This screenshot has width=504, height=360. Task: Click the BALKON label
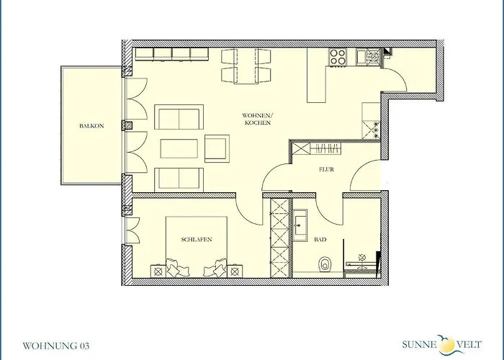tap(91, 126)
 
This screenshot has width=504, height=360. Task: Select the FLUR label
tap(326, 169)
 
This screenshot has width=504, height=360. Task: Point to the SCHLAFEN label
tap(197, 240)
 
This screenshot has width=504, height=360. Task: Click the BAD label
tap(320, 240)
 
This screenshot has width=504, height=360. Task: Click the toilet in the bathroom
tap(325, 264)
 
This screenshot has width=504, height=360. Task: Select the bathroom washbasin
tap(300, 225)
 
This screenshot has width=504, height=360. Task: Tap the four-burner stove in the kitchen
tap(338, 57)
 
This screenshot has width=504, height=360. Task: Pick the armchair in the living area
tap(217, 148)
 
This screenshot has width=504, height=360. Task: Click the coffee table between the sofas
tap(179, 148)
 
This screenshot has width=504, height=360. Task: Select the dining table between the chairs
tap(246, 66)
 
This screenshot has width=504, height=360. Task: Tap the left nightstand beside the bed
tap(158, 271)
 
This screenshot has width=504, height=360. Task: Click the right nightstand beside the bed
tap(235, 271)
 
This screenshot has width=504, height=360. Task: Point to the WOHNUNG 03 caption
tap(56, 346)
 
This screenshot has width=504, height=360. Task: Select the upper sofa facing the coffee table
tap(179, 117)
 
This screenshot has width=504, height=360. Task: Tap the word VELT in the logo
tap(469, 345)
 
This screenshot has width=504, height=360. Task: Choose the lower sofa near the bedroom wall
tap(179, 180)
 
